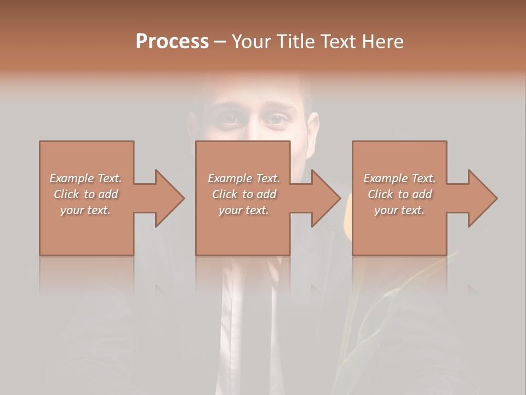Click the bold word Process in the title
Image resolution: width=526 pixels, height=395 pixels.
(172, 42)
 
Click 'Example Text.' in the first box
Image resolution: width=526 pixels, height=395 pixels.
(86, 178)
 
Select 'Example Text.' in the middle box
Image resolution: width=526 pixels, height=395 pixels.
(244, 178)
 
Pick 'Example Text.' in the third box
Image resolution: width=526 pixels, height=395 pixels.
(399, 178)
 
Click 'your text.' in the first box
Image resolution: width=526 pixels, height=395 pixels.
(86, 210)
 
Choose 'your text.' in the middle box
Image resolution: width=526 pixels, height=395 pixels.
(244, 210)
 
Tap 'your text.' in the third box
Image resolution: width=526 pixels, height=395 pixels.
(399, 210)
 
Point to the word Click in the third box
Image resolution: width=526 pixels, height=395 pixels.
(380, 194)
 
